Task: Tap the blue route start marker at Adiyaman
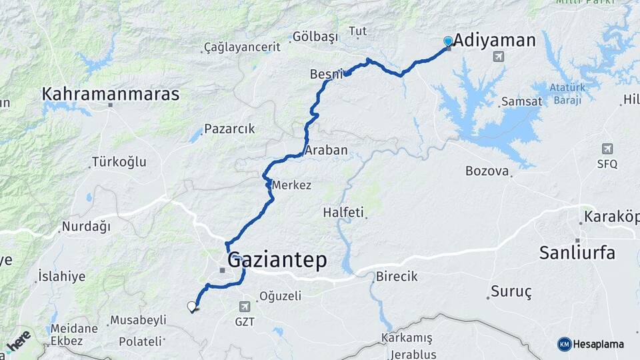[x=448, y=41]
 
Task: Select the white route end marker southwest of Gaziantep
[x=192, y=307]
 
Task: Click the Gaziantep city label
[x=277, y=261]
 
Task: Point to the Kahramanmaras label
[x=111, y=95]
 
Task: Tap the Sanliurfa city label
[x=577, y=253]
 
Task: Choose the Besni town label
[x=327, y=74]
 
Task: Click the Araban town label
[x=326, y=151]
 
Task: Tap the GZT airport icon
[x=245, y=307]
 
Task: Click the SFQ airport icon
[x=607, y=149]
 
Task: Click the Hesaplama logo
[x=591, y=344]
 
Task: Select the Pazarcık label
[x=229, y=129]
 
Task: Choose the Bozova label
[x=487, y=171]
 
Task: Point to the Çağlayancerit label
[x=242, y=47]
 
